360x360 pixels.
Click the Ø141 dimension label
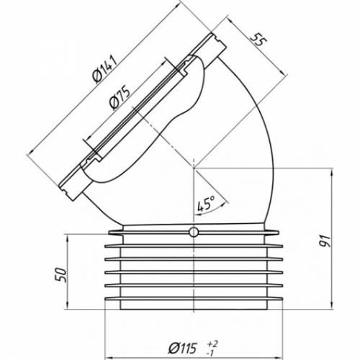click(x=106, y=69)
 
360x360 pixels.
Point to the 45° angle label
click(x=206, y=204)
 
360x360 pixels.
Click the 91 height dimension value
click(x=325, y=241)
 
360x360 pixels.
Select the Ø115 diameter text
click(x=183, y=348)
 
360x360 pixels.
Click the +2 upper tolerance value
click(x=212, y=344)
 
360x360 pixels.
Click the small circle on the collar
click(x=194, y=233)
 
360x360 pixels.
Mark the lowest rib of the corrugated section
click(x=194, y=299)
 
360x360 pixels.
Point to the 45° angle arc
click(x=211, y=210)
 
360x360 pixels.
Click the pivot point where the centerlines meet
click(x=194, y=168)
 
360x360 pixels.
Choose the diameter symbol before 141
click(x=97, y=78)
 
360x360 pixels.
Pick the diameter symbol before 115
click(x=173, y=348)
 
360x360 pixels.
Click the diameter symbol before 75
click(x=113, y=105)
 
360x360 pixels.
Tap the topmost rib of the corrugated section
click(x=194, y=233)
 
